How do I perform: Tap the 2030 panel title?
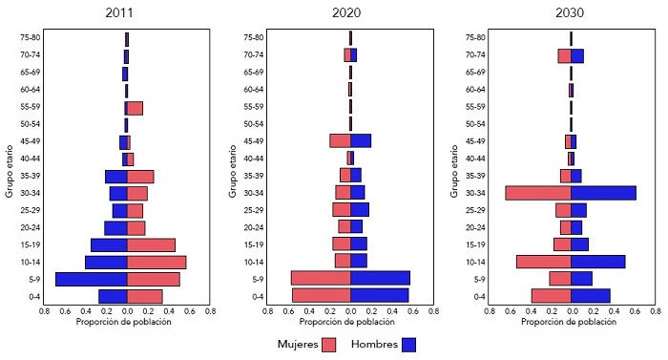click(x=571, y=13)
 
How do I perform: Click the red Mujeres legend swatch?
click(x=329, y=344)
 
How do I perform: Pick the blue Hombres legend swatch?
click(x=408, y=344)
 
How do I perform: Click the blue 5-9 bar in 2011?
click(x=92, y=279)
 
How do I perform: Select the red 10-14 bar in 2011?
click(x=157, y=262)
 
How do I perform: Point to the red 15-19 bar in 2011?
click(x=151, y=244)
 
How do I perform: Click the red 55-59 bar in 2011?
click(x=135, y=108)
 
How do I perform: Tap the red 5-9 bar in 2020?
click(x=321, y=278)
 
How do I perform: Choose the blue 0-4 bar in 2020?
click(x=379, y=295)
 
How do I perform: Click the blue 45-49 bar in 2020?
click(x=361, y=140)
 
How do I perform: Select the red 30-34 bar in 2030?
click(x=538, y=193)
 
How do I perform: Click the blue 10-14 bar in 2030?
click(x=598, y=262)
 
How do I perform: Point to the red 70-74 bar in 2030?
click(x=564, y=56)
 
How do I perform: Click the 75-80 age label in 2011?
click(x=29, y=37)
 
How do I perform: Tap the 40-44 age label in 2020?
click(x=252, y=159)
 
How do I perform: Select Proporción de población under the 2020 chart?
click(x=350, y=322)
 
